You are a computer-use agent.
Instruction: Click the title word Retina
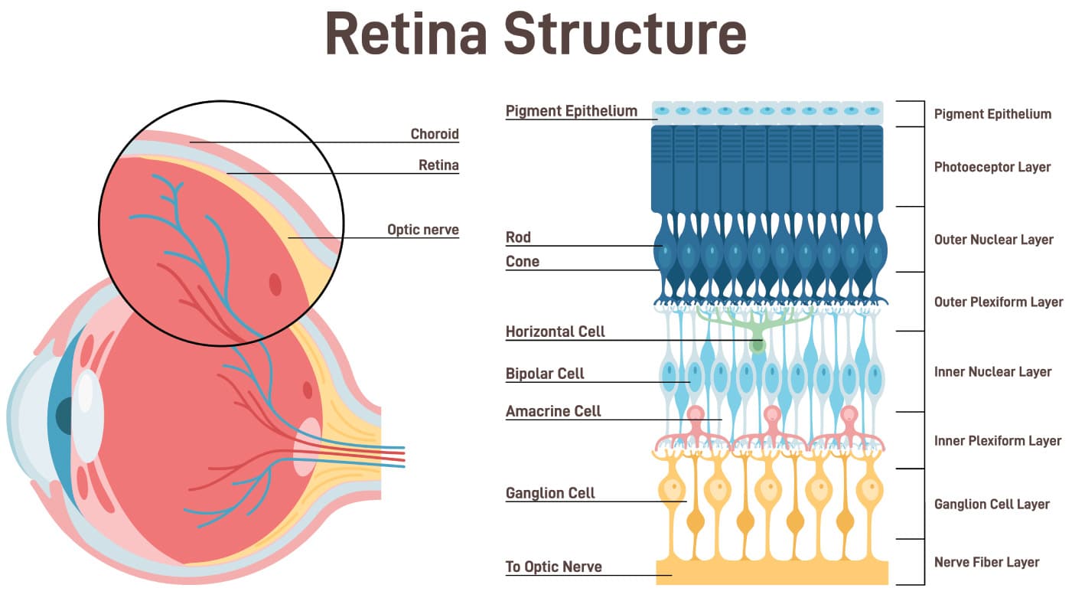tap(406, 33)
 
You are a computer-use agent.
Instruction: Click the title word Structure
tap(624, 33)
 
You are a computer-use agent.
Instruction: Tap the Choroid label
tap(434, 134)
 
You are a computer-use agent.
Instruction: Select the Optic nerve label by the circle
tap(422, 230)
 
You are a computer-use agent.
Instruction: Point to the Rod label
tap(518, 237)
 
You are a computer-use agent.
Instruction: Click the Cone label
tap(522, 262)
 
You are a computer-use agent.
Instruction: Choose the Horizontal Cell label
tap(555, 332)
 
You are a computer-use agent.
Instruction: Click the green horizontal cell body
tap(758, 345)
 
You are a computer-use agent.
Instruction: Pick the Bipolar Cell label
tap(545, 374)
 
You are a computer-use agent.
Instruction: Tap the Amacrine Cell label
tap(553, 411)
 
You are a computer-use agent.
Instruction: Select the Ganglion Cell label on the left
tap(550, 493)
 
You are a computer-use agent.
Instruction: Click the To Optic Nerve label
tap(553, 567)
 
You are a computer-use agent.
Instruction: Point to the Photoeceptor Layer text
tap(992, 167)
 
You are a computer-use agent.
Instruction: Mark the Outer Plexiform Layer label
tap(998, 302)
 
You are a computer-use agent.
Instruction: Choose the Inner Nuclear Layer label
tap(992, 372)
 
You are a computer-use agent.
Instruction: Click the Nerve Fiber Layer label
tap(986, 562)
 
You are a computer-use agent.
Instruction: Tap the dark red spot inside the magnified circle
tap(275, 284)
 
